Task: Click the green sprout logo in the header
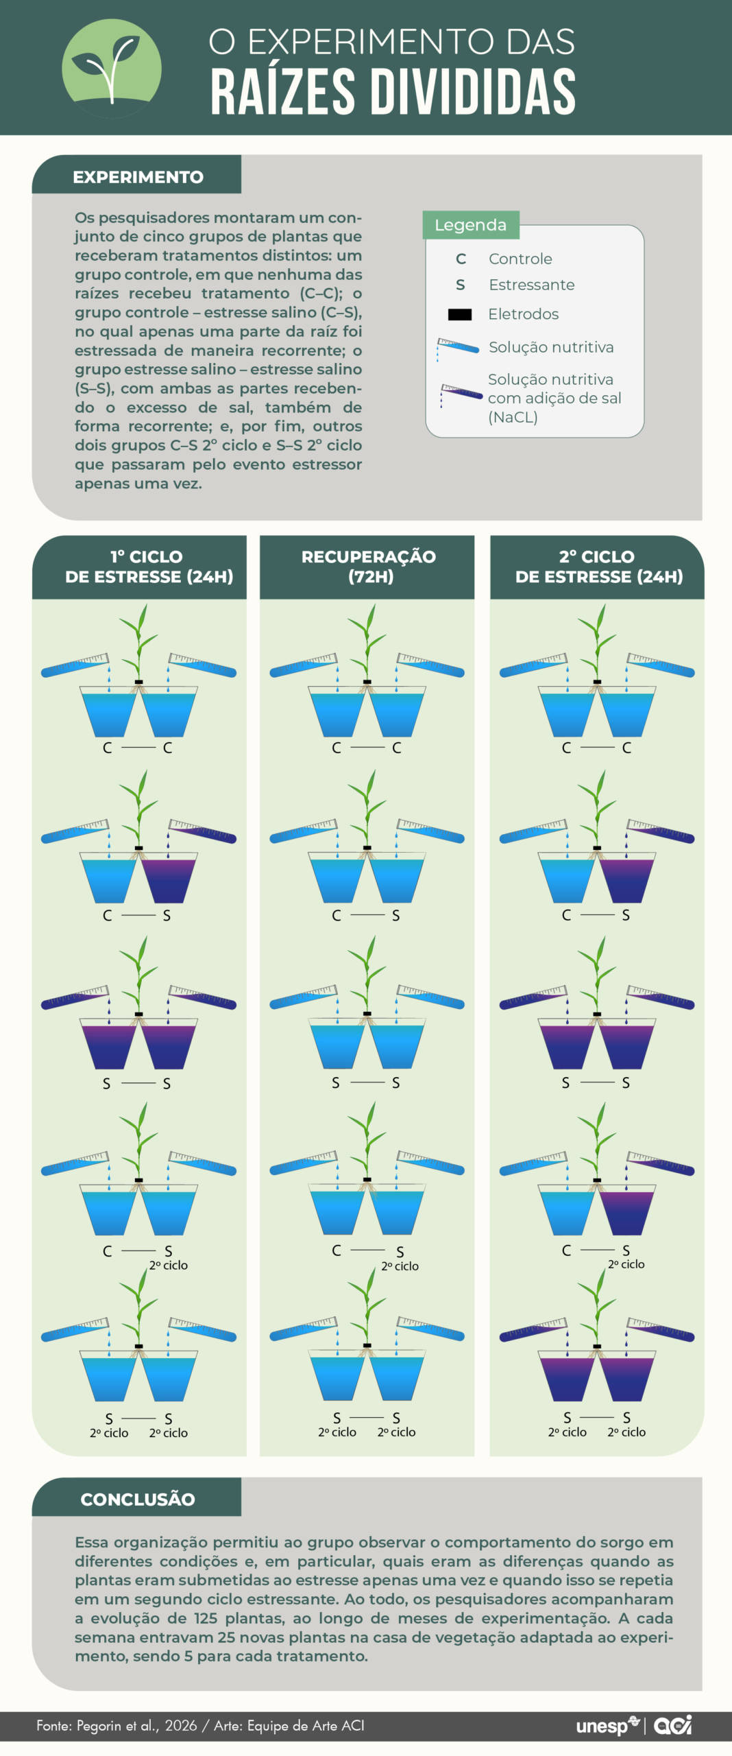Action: click(x=111, y=69)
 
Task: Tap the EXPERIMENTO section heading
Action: click(x=138, y=177)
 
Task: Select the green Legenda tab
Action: click(x=470, y=225)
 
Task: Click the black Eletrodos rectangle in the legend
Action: click(x=459, y=314)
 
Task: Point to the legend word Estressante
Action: click(x=531, y=285)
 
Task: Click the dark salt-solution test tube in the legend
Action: click(x=461, y=392)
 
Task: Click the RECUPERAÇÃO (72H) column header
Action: click(x=368, y=566)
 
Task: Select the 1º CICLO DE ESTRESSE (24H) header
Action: click(x=149, y=566)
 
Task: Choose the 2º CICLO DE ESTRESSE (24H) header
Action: click(x=598, y=566)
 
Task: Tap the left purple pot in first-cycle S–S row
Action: click(x=109, y=1045)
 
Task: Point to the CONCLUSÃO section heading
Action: click(x=137, y=1499)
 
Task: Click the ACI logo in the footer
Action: click(x=672, y=1725)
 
